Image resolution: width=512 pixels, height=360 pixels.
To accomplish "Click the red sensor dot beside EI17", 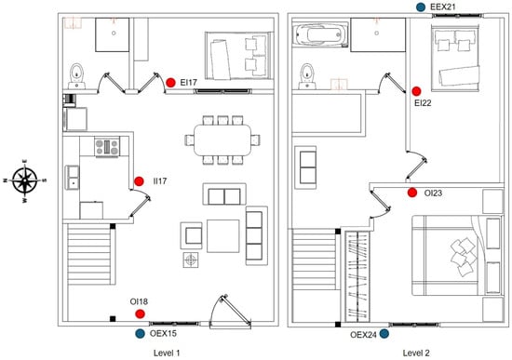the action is click(170, 83).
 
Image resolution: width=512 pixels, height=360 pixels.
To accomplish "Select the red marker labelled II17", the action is click(139, 181).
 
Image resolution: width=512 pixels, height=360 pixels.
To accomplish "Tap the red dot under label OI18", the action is click(140, 314).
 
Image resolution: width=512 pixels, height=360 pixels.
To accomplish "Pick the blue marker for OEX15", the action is click(140, 334).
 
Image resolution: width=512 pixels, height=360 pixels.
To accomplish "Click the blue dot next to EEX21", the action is click(421, 7).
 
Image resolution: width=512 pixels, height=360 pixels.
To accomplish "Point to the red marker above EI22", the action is click(416, 91).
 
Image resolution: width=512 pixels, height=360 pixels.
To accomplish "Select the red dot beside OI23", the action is click(412, 193).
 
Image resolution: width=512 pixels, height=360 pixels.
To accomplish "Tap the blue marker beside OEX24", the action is click(384, 334).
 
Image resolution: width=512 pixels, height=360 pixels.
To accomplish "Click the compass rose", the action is click(25, 180).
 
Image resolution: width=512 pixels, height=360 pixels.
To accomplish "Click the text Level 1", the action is click(167, 353).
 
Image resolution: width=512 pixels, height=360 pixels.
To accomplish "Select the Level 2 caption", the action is click(416, 353).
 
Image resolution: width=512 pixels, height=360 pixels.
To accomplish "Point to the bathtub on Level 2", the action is click(320, 34).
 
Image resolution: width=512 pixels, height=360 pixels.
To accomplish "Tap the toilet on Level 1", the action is click(76, 76).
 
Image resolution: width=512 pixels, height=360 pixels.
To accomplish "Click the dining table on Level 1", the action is click(222, 140).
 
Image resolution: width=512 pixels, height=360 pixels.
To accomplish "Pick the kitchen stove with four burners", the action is click(107, 147).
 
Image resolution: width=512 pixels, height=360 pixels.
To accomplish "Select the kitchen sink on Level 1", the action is click(73, 178).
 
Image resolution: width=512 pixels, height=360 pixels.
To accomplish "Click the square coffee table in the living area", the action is click(223, 236).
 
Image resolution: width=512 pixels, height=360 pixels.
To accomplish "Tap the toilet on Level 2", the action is click(307, 76).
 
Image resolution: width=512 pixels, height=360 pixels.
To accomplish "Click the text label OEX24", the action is click(363, 335).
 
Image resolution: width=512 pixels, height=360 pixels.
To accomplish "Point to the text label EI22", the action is click(423, 103).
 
